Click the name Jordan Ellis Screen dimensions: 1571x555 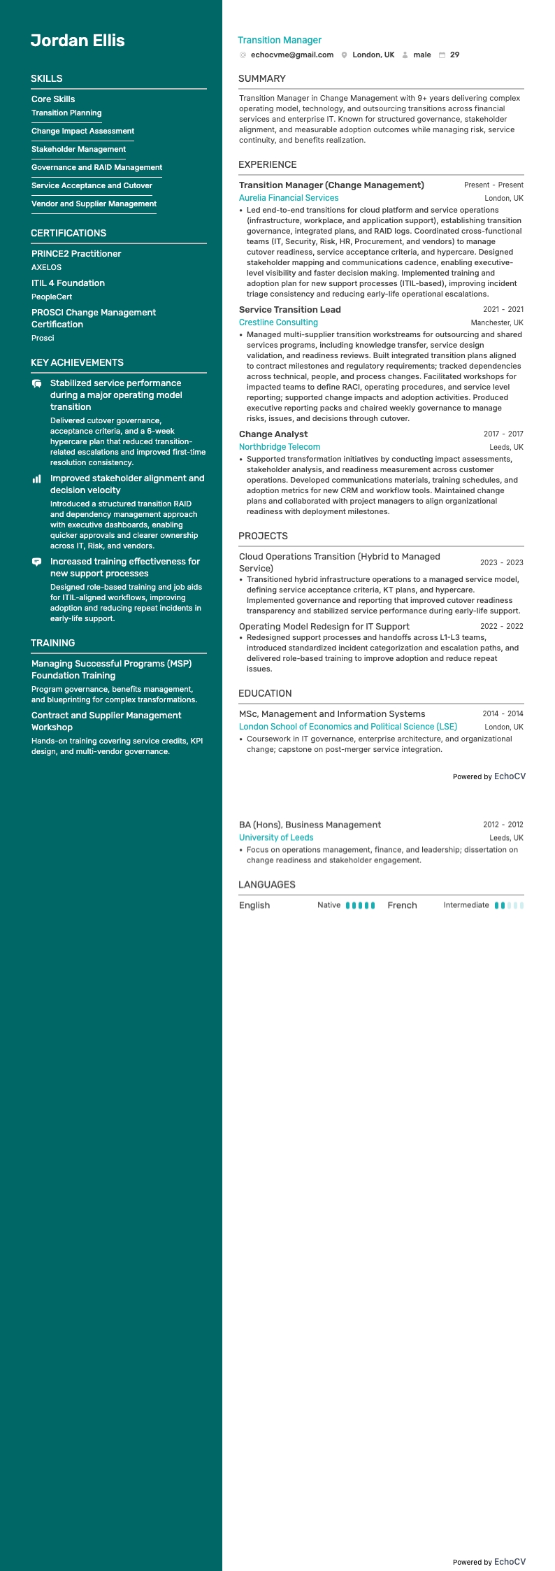pyautogui.click(x=78, y=41)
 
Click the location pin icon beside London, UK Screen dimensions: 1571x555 pyautogui.click(x=345, y=55)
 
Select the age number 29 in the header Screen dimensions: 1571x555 pyautogui.click(x=454, y=55)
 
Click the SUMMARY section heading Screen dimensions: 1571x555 pyautogui.click(x=261, y=78)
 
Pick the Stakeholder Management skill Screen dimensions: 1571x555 pyautogui.click(x=78, y=149)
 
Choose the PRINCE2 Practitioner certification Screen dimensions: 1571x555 pyautogui.click(x=76, y=253)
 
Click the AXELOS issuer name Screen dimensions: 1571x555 pyautogui.click(x=46, y=267)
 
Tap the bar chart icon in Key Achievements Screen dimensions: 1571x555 pyautogui.click(x=36, y=478)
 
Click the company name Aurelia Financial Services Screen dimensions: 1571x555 pyautogui.click(x=289, y=198)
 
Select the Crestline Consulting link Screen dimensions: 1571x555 pyautogui.click(x=278, y=322)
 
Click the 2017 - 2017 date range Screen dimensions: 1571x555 pyautogui.click(x=503, y=434)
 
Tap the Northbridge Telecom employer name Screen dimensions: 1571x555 pyautogui.click(x=280, y=447)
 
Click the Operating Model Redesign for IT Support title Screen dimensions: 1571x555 pyautogui.click(x=324, y=626)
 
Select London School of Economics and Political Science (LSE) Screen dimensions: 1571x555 pyautogui.click(x=348, y=727)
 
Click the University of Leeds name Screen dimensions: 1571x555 pyautogui.click(x=276, y=837)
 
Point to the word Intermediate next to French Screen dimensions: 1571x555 pyautogui.click(x=466, y=905)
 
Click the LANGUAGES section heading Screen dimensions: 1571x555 pyautogui.click(x=267, y=884)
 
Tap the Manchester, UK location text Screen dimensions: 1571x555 pyautogui.click(x=497, y=322)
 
